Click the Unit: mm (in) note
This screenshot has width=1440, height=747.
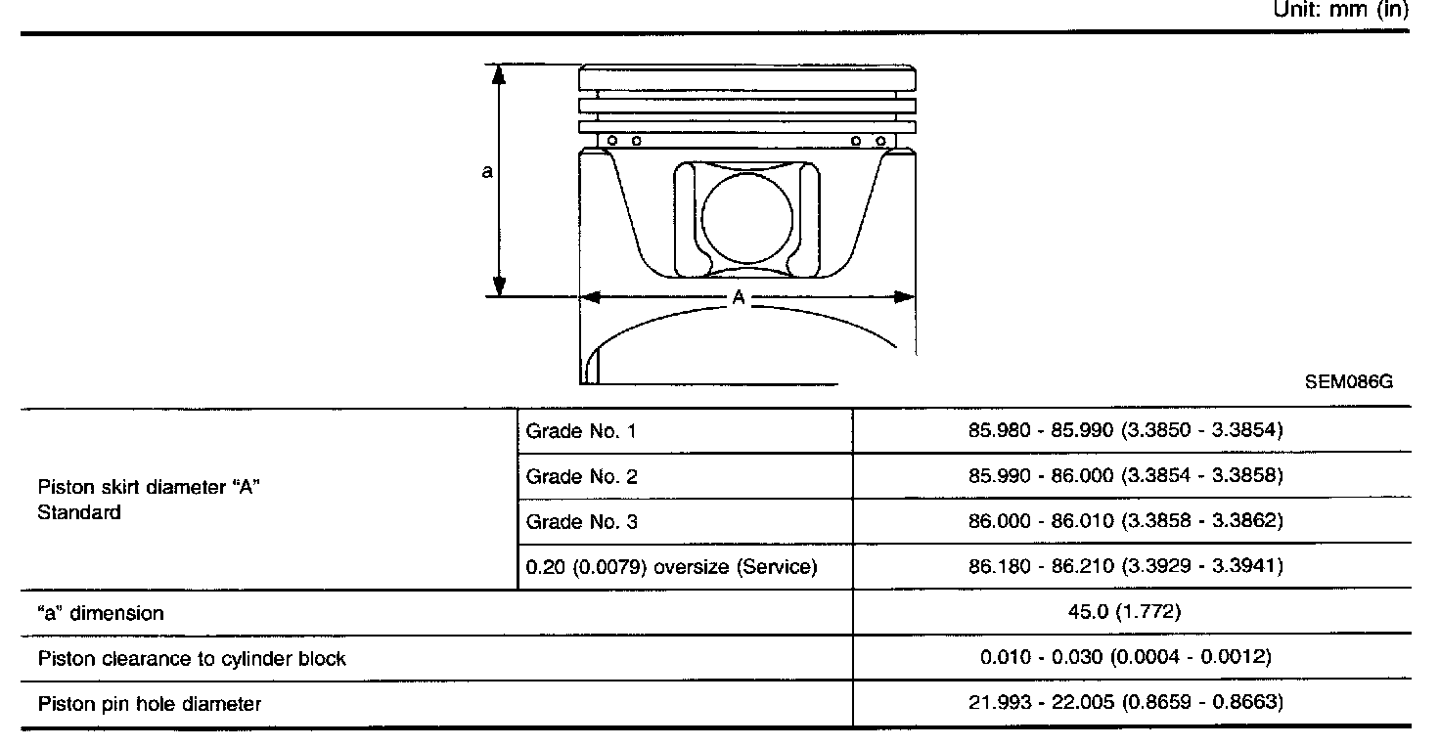pos(1341,10)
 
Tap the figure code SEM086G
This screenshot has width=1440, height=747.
pos(1349,382)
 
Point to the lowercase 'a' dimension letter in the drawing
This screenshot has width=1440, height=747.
pos(487,171)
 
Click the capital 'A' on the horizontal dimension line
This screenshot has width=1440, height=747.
pos(739,297)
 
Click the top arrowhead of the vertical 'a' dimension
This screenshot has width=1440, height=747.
pos(499,75)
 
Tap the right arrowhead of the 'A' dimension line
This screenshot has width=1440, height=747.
pos(905,296)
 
